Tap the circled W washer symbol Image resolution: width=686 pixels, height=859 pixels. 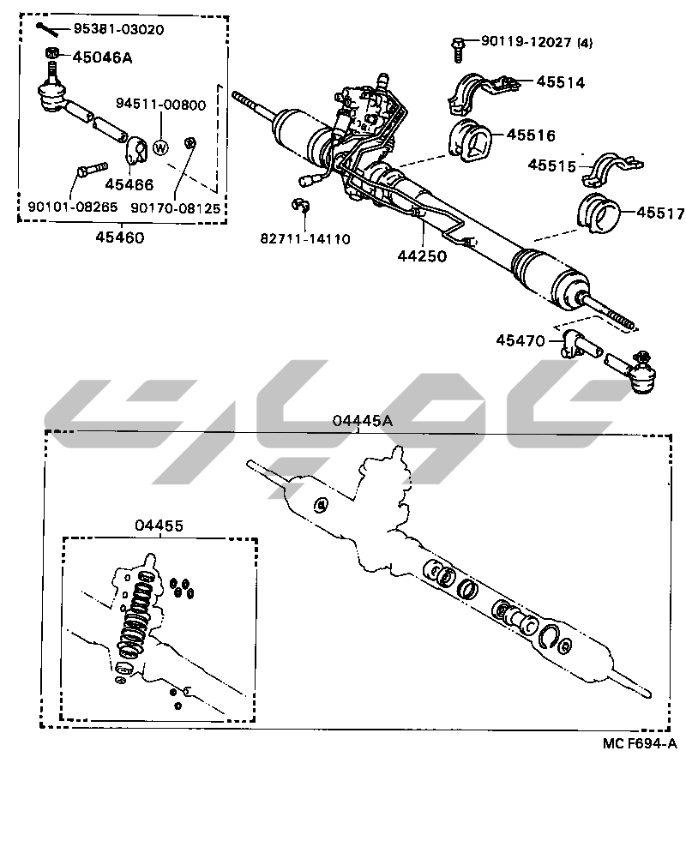tap(159, 147)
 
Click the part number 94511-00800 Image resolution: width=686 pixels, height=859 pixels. tap(161, 105)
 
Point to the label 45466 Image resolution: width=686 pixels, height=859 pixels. tap(129, 183)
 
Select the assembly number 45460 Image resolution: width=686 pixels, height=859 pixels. tap(120, 237)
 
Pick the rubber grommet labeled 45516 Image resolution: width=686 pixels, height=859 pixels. tap(469, 141)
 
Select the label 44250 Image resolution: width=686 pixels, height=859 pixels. tap(422, 255)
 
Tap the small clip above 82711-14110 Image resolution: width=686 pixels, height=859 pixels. tap(299, 206)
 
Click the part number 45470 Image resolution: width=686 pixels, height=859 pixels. tap(521, 340)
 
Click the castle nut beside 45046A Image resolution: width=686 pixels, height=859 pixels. tap(52, 57)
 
